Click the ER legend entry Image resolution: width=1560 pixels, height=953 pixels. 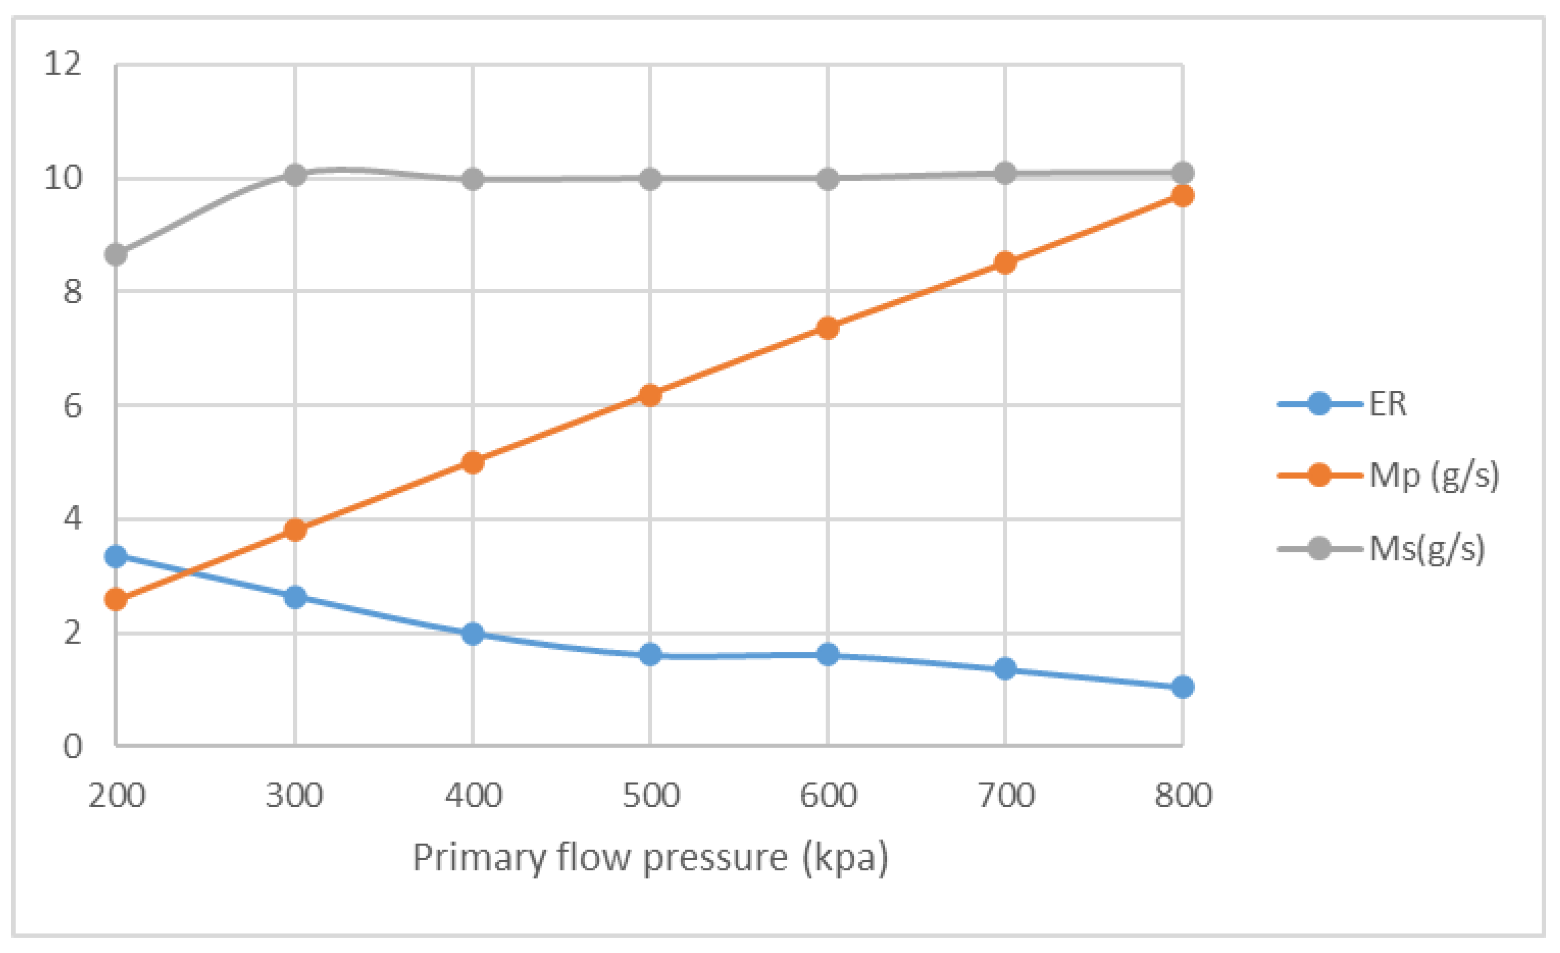click(1387, 404)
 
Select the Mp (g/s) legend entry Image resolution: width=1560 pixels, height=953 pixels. click(1433, 475)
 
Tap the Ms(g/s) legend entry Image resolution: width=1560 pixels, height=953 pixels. click(1426, 548)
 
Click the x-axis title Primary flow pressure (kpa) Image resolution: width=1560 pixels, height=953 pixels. click(650, 859)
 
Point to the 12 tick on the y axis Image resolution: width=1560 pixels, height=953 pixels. click(63, 64)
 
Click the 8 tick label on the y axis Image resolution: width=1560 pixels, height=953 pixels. click(72, 292)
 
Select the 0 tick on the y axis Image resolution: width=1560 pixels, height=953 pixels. click(72, 747)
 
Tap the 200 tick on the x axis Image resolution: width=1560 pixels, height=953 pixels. click(116, 796)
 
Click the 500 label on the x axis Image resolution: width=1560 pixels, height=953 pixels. click(650, 796)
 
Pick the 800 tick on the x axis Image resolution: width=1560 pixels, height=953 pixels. click(1183, 796)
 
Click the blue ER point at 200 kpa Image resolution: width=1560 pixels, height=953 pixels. click(116, 556)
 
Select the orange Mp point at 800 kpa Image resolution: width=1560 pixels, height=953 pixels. click(1182, 196)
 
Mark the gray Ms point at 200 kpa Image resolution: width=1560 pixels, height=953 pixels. click(116, 254)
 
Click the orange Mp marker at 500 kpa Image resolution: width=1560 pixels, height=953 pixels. click(650, 395)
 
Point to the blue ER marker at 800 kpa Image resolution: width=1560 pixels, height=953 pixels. click(1182, 686)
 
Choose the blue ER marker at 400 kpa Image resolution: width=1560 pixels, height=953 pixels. click(472, 633)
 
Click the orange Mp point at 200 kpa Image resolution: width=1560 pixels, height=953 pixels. click(116, 599)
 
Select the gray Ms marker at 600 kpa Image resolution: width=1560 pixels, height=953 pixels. click(828, 179)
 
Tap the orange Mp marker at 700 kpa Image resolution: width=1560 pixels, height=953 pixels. click(1005, 262)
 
